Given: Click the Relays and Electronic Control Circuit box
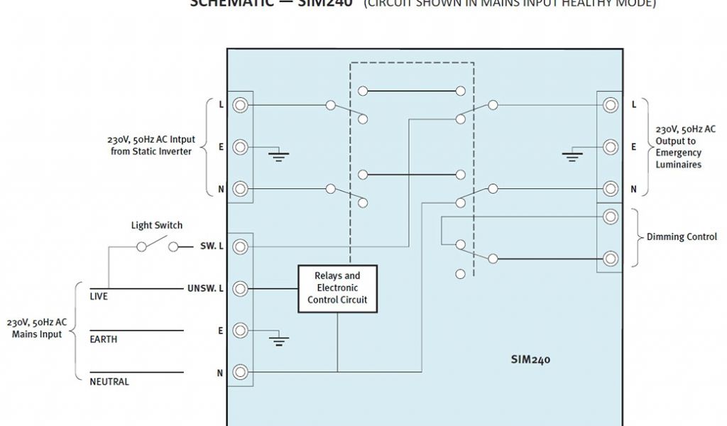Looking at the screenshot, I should click(337, 288).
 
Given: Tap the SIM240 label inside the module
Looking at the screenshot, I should click(530, 359).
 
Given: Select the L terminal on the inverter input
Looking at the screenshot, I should click(241, 105).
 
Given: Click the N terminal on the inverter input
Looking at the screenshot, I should click(241, 189).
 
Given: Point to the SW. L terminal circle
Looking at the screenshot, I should click(241, 246).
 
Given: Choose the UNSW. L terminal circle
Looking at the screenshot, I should click(241, 288).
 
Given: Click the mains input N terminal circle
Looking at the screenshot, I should click(241, 372).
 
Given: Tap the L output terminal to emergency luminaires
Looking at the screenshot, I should click(610, 105).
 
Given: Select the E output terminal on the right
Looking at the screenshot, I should click(610, 147).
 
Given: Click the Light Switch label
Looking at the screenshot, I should click(156, 225).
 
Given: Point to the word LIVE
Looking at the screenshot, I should click(99, 296).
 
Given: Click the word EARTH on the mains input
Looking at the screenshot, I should click(104, 339).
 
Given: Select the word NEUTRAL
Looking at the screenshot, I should click(109, 382).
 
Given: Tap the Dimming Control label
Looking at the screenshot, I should click(682, 237).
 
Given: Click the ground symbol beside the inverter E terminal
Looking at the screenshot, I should click(279, 155).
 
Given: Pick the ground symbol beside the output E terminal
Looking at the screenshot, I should click(572, 155).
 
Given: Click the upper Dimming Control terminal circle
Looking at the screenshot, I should click(610, 216).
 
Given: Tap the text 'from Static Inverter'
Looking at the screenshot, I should click(151, 151).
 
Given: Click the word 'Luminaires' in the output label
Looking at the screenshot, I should click(679, 164).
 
